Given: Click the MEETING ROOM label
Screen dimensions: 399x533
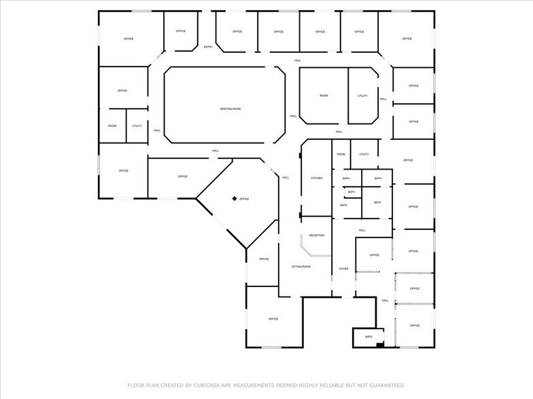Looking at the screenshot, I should point(230,109).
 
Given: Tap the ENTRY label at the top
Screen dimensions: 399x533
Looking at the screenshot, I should point(208,47).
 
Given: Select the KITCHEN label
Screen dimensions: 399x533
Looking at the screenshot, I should point(317,178).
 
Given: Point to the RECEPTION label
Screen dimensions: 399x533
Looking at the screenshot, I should point(317,235).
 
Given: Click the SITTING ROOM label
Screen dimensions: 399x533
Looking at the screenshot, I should point(301,267).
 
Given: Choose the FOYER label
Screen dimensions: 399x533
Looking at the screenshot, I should point(344,269).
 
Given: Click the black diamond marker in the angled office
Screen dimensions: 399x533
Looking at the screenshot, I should point(234,198).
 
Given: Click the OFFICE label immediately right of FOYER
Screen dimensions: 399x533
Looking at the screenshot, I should point(375,255).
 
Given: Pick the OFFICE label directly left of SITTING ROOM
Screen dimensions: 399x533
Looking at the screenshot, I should point(264,259).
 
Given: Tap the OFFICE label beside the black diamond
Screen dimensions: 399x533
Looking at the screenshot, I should point(244,199).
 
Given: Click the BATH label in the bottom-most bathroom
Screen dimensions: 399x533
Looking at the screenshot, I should point(368,337).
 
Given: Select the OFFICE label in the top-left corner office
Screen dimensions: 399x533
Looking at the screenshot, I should point(128,39).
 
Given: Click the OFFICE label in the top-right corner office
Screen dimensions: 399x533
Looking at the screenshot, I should point(407,39).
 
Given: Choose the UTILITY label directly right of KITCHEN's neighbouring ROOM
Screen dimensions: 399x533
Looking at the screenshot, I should point(364,154).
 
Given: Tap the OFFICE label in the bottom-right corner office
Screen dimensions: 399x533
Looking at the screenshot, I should point(415,325).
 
